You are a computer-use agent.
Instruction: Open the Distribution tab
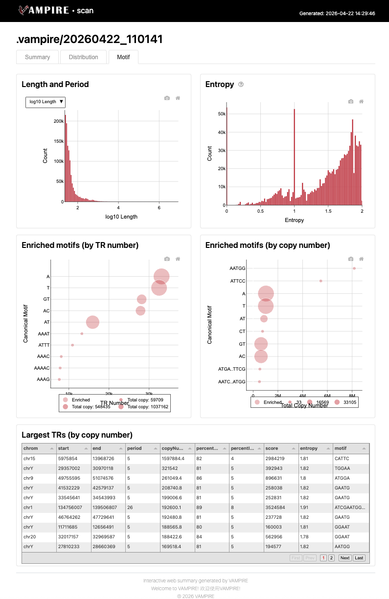click(83, 57)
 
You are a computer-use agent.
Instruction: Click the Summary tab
click(37, 57)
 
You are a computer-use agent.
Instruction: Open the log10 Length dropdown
click(46, 102)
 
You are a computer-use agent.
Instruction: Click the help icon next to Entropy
click(241, 85)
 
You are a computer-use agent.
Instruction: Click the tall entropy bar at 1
click(294, 157)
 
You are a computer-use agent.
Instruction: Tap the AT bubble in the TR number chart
click(92, 322)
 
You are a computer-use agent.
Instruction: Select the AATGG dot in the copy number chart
click(354, 268)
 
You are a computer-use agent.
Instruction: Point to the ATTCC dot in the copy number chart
click(321, 281)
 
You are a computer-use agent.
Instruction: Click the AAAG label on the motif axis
click(43, 379)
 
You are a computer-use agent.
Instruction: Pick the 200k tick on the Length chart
click(59, 121)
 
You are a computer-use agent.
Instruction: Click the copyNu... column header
click(172, 448)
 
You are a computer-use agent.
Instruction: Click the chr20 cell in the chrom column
click(29, 537)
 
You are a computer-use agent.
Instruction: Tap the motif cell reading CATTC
click(342, 458)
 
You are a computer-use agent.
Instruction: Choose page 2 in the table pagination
click(331, 558)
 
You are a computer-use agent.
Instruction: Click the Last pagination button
click(359, 558)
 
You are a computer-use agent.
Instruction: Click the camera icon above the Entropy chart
click(351, 101)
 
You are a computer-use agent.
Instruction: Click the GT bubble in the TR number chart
click(141, 299)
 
